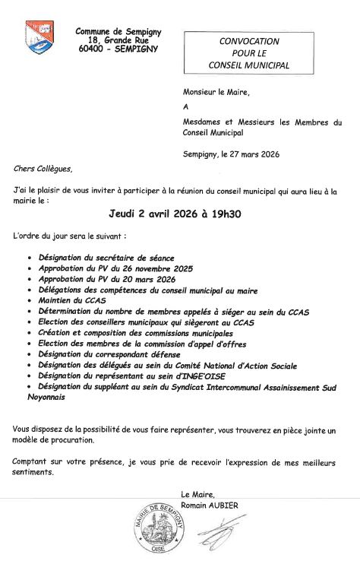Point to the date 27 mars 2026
(249, 154)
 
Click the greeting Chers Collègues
(43, 169)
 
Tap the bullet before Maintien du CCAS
(29, 301)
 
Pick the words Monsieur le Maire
(216, 93)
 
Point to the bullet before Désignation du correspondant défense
(29, 355)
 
